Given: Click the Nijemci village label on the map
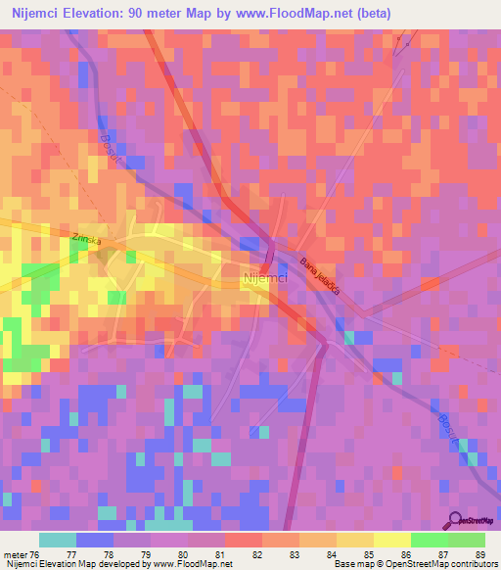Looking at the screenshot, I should coord(263,278).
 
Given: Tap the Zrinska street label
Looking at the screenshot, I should coord(86,239).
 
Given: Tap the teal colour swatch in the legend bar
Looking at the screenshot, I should coord(58,540).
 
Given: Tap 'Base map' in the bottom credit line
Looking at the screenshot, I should coord(352,564).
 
